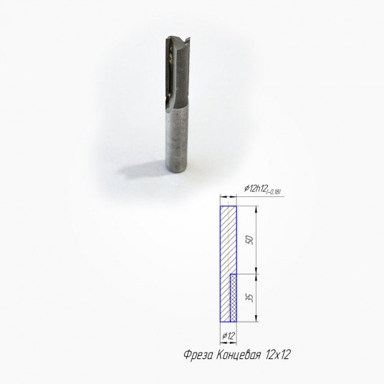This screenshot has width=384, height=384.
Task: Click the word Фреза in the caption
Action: [198, 355]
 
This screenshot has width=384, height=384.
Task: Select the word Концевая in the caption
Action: [238, 355]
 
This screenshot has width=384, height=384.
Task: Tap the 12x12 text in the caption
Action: [278, 355]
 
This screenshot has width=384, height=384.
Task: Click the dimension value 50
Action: [250, 240]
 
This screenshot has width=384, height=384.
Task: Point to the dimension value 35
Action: [250, 298]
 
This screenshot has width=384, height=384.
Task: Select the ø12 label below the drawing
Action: [229, 336]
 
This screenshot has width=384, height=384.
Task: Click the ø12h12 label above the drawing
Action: [255, 188]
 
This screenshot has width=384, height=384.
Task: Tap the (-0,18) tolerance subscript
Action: [273, 192]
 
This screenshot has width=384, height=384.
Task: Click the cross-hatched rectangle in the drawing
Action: [234, 298]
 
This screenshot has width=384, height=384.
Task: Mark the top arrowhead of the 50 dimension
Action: [256, 208]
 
